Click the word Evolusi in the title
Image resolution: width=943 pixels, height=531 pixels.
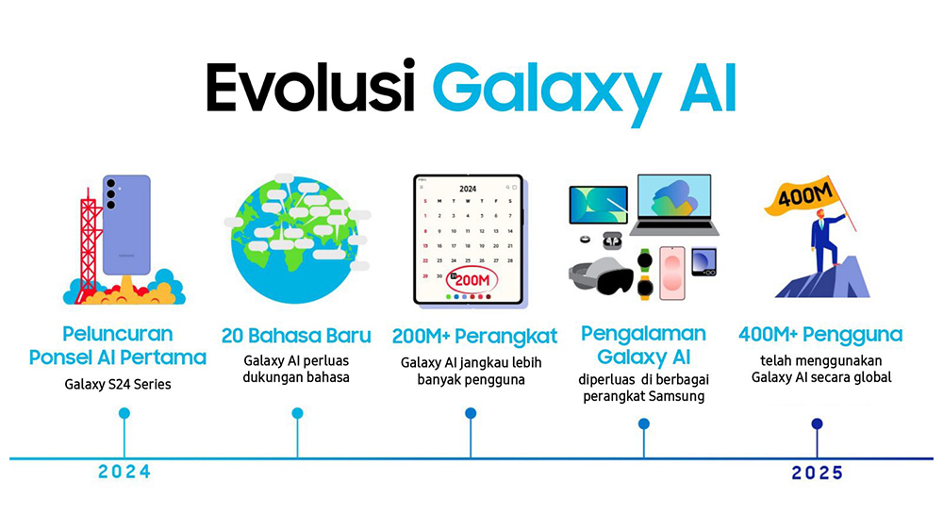click(310, 87)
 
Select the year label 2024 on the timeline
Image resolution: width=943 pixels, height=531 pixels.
click(124, 473)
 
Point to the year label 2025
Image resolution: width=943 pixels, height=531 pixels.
click(818, 473)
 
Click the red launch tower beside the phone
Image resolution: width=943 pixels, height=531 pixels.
click(90, 243)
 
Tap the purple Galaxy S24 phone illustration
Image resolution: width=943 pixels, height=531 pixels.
click(126, 224)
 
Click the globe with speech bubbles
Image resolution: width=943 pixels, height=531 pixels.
click(296, 239)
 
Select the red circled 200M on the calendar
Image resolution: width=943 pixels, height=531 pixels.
click(471, 279)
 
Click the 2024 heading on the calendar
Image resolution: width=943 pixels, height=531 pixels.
click(468, 189)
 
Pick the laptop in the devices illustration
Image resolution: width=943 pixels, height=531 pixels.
click(674, 205)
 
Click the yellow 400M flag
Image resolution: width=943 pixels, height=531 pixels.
click(802, 195)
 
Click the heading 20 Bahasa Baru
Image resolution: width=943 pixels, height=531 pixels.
click(296, 336)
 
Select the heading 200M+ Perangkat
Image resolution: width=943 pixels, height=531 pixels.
click(474, 337)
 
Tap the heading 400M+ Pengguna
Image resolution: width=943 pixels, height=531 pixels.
click(820, 335)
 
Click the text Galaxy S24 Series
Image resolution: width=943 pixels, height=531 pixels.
click(118, 384)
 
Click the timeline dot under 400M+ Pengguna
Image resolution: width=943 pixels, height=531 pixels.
click(817, 424)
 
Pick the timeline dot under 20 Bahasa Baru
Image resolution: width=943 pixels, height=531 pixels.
click(297, 413)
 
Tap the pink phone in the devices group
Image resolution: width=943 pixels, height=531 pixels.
click(671, 273)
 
